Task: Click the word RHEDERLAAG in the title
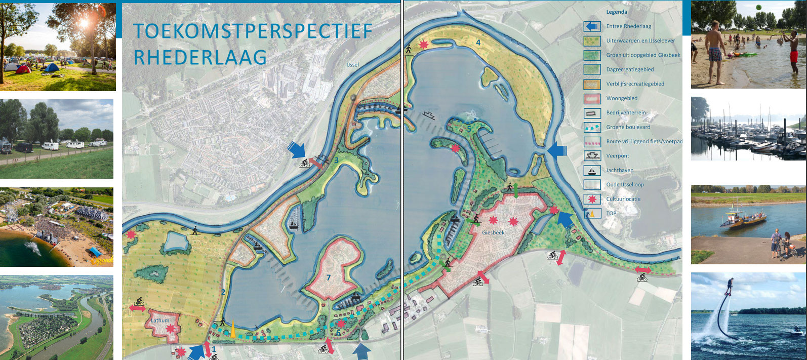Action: tap(200, 57)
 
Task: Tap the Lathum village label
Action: tap(159, 321)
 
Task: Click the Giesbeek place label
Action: tap(493, 233)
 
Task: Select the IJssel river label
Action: tap(352, 65)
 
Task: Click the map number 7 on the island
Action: tap(329, 277)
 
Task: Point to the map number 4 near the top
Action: tap(478, 43)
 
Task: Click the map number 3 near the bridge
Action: tap(336, 161)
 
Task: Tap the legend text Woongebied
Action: tap(622, 98)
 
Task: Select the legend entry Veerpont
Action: tap(618, 156)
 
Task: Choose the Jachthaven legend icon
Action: tap(592, 170)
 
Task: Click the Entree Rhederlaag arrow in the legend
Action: tap(592, 26)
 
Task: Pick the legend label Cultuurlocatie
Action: tap(623, 199)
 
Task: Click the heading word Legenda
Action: tap(617, 12)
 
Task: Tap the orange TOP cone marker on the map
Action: tap(232, 329)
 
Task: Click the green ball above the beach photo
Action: tap(758, 7)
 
